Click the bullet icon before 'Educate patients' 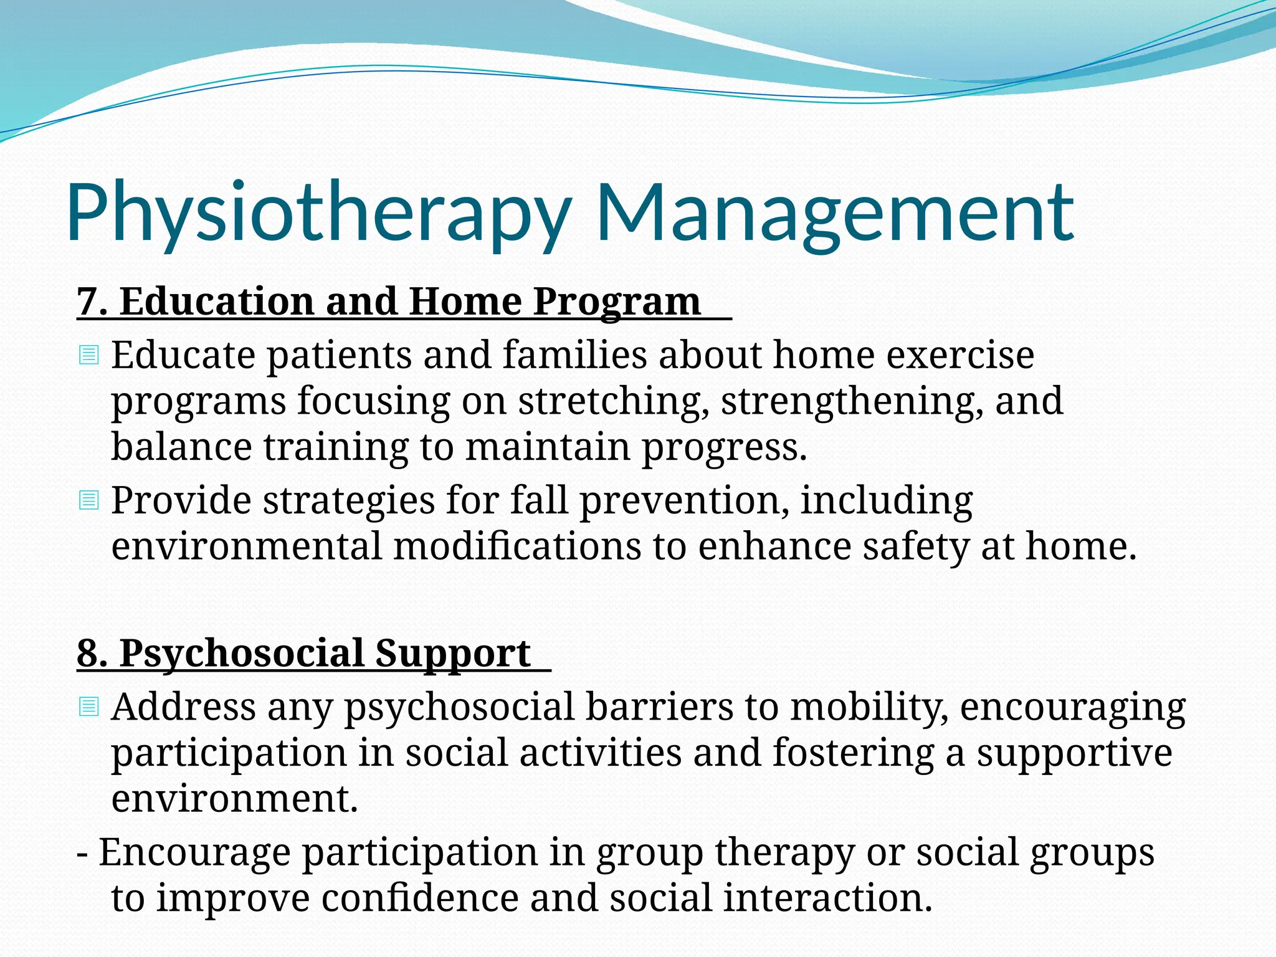pos(89,356)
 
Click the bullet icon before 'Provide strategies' pos(89,500)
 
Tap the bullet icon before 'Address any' pos(89,707)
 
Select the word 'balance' pos(181,447)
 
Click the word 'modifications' pos(517,546)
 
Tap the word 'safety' pos(915,546)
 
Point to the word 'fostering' pos(854,753)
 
